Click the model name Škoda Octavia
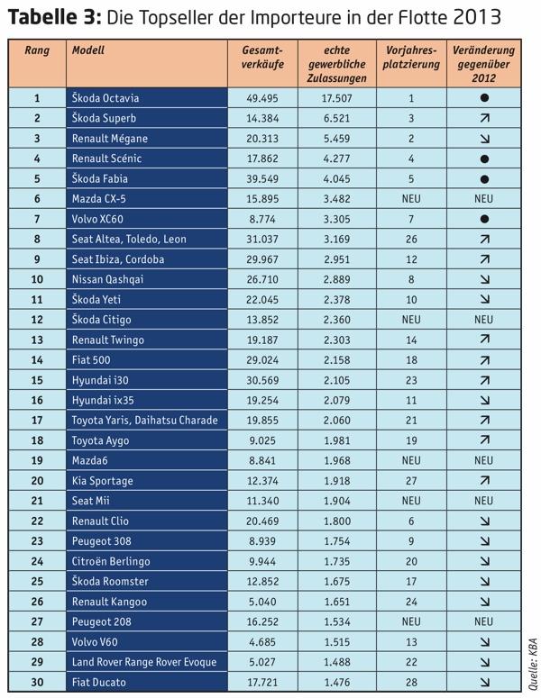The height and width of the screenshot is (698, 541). point(105,98)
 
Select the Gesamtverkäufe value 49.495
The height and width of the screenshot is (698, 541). point(262,98)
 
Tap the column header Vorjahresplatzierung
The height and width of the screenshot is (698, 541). point(411,57)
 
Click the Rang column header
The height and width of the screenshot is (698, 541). point(37,50)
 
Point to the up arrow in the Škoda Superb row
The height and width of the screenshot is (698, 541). point(484,118)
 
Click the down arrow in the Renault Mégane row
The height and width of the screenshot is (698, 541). point(484,139)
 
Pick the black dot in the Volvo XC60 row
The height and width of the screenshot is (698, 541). point(484,219)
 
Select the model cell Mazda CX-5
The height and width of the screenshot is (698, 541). point(98,198)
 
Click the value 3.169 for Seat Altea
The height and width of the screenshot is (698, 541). point(336,239)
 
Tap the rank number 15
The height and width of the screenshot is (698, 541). point(37,380)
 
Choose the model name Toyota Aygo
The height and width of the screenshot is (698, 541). point(100,440)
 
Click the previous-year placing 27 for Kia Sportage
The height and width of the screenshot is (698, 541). point(411,481)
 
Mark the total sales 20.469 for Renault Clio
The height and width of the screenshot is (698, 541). point(262,521)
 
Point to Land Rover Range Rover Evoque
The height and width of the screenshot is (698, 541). point(144,662)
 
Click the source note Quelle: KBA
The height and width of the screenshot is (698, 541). point(533,664)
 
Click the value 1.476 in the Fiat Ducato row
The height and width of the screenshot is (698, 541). point(336,682)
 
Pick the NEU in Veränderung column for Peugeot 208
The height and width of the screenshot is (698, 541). point(483,621)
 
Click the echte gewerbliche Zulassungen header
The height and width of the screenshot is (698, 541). point(337,64)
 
